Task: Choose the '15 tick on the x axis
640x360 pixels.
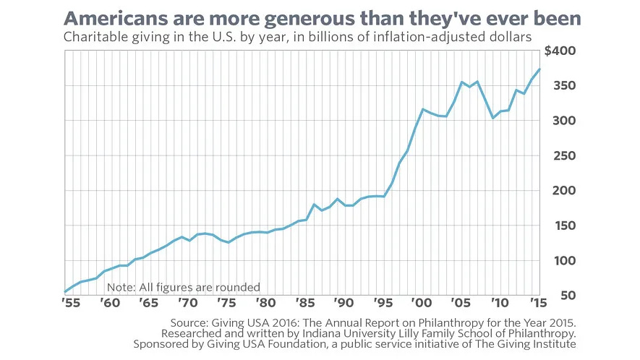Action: click(537, 304)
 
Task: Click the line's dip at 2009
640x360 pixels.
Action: click(492, 118)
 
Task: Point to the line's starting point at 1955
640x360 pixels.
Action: click(65, 292)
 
